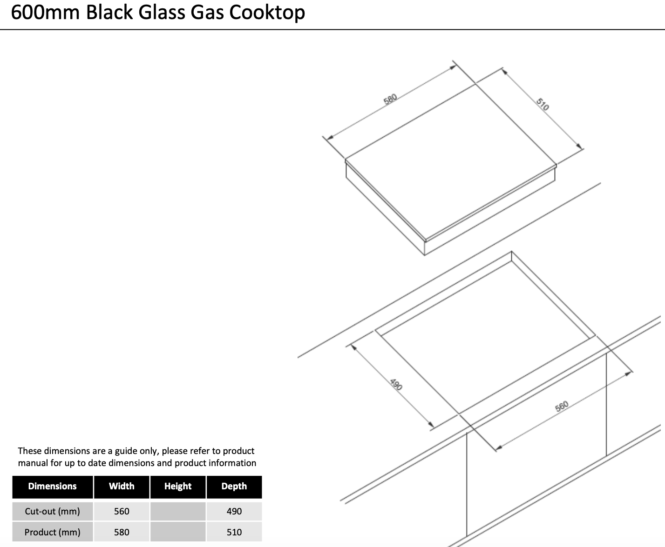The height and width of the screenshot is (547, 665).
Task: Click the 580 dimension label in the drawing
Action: (x=390, y=99)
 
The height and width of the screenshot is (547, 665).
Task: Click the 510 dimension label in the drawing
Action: (x=543, y=104)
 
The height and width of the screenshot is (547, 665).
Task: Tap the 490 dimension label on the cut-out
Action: (x=396, y=384)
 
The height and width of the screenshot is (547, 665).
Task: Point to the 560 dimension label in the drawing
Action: (x=562, y=406)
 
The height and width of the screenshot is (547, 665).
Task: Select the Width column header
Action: (x=122, y=486)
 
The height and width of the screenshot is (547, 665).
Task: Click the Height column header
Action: (x=178, y=486)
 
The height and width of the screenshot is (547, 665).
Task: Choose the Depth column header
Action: (x=234, y=486)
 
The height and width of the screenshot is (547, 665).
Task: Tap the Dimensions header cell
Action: (x=53, y=486)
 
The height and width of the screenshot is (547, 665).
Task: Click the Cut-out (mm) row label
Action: (x=53, y=511)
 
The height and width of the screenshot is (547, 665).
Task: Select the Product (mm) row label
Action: (x=53, y=532)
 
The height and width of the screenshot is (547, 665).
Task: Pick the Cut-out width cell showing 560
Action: (x=122, y=511)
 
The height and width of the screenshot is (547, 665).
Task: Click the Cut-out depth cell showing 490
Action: (x=234, y=511)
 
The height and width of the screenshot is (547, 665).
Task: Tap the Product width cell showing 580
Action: (x=122, y=532)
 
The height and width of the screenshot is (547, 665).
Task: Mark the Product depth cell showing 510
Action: (x=234, y=532)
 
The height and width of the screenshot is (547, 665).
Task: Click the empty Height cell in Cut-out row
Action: (x=178, y=511)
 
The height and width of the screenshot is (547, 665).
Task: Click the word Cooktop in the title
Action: (x=267, y=13)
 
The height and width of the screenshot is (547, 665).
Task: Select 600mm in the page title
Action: (x=45, y=13)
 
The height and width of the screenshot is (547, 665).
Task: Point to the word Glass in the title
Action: (x=162, y=13)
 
